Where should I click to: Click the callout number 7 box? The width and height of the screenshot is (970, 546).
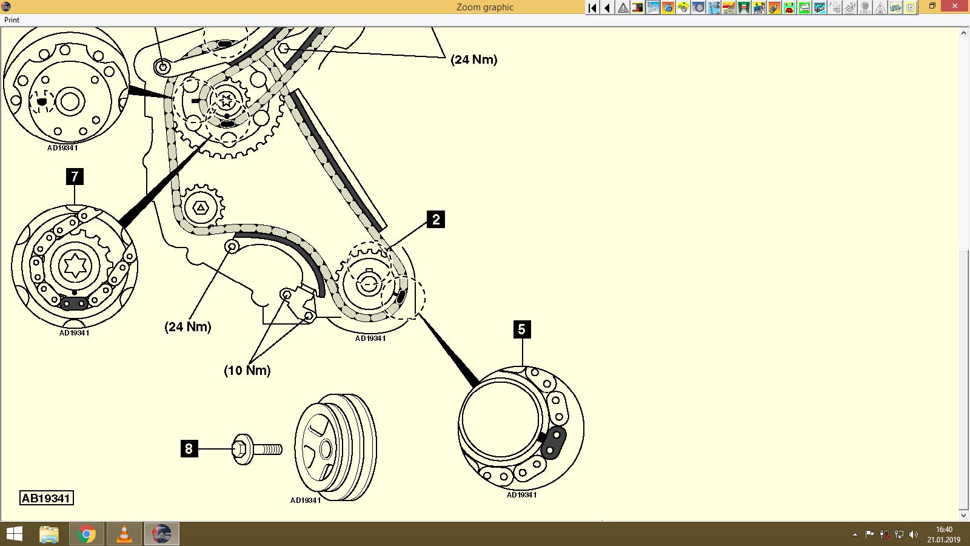[x=75, y=177]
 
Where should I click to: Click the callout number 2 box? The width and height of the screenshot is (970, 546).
[x=436, y=219]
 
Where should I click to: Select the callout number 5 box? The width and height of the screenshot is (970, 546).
[x=521, y=329]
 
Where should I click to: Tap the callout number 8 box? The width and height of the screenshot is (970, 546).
[x=189, y=448]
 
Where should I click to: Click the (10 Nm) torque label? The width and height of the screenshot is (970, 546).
[x=247, y=370]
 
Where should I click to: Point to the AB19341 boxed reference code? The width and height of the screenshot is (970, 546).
[x=47, y=498]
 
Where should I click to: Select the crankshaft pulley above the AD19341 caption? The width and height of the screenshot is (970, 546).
[x=335, y=448]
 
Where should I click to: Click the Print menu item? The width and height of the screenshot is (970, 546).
[x=12, y=20]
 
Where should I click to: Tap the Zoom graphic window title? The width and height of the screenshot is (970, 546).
[x=484, y=7]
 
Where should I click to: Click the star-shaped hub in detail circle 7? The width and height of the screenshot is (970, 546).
[x=75, y=265]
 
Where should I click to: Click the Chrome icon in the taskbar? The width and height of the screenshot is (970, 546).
[x=87, y=534]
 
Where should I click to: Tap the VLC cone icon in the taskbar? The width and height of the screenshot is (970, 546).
[x=124, y=534]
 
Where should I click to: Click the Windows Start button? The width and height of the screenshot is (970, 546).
[x=14, y=534]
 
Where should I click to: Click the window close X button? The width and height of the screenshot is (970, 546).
[x=955, y=6]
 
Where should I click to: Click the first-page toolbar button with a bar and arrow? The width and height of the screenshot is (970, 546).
[x=592, y=8]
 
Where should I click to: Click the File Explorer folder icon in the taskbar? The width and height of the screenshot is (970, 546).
[x=49, y=534]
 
